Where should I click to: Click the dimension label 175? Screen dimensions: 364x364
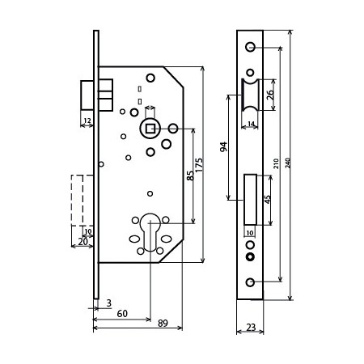199,164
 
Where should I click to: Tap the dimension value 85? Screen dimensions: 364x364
190,176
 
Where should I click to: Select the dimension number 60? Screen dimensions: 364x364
122,314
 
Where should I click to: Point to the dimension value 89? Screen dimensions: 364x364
163,323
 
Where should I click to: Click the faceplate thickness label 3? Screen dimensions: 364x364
108,303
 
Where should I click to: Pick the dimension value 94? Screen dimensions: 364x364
224,147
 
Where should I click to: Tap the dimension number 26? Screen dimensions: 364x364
270,95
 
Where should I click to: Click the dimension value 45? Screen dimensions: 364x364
268,199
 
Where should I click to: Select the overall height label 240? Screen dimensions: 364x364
288,163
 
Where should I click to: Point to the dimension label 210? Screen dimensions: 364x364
276,163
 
